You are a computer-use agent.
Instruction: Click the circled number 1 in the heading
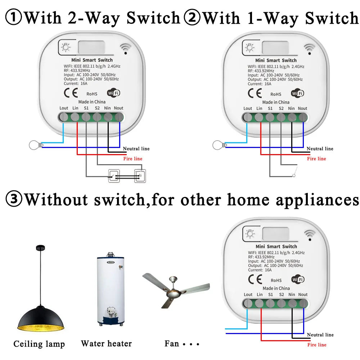[13, 18]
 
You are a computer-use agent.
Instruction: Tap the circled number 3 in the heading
[13, 199]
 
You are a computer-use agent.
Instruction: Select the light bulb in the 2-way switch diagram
[34, 145]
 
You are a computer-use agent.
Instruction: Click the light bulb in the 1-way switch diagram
[218, 145]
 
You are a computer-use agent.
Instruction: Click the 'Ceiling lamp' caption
[39, 344]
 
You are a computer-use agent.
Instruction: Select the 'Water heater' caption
[106, 344]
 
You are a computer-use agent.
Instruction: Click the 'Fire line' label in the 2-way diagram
[133, 159]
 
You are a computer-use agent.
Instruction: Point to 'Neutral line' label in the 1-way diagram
[320, 149]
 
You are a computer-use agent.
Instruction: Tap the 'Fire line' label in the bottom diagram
[317, 345]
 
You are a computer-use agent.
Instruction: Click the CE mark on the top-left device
[71, 93]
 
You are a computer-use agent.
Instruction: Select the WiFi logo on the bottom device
[298, 279]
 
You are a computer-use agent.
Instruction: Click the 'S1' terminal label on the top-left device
[86, 108]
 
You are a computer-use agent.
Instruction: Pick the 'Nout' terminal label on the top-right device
[302, 108]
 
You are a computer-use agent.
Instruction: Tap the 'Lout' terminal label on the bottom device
[248, 294]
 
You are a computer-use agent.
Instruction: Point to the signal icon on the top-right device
[309, 48]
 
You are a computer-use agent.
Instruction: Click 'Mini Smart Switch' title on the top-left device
[92, 60]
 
